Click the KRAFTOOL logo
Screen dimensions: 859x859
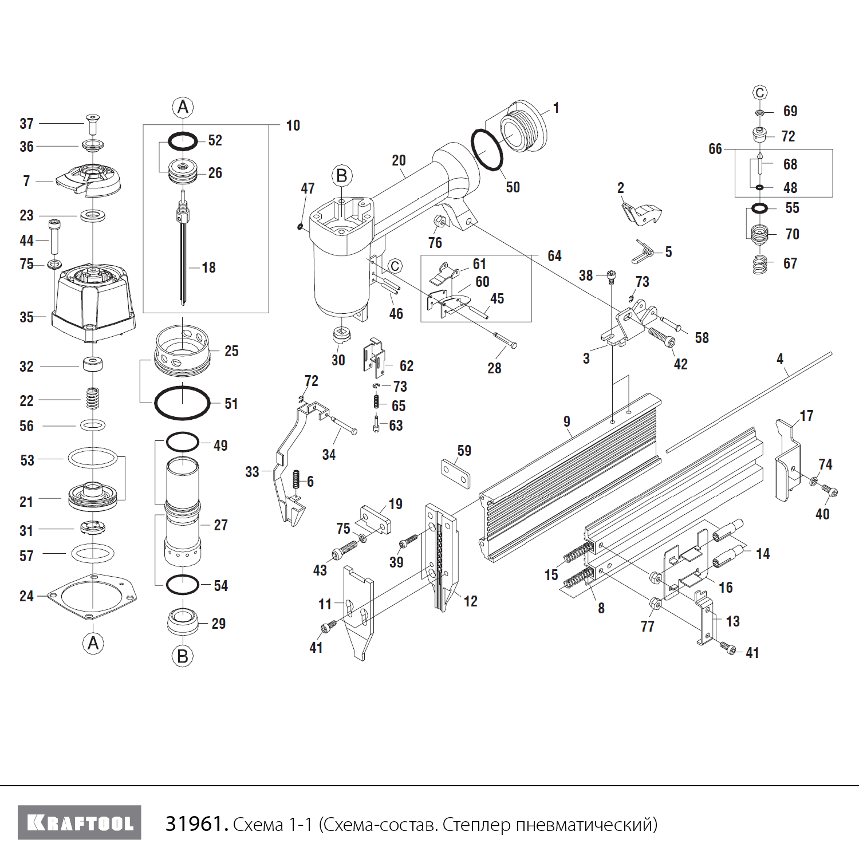pyautogui.click(x=80, y=823)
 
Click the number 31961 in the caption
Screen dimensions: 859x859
pyautogui.click(x=194, y=824)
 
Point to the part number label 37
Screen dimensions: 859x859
pyautogui.click(x=26, y=124)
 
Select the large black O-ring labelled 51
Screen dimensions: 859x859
pyautogui.click(x=182, y=403)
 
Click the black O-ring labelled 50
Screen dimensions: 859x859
pyautogui.click(x=487, y=149)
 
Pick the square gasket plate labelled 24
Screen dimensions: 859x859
pyautogui.click(x=92, y=597)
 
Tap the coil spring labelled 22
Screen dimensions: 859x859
pyautogui.click(x=93, y=399)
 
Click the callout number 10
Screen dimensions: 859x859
pyautogui.click(x=293, y=125)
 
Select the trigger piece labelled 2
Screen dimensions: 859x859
pyautogui.click(x=641, y=212)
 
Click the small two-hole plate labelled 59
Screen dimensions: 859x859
pyautogui.click(x=456, y=473)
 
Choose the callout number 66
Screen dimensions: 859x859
pyautogui.click(x=715, y=149)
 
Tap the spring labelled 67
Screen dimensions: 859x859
pyautogui.click(x=760, y=265)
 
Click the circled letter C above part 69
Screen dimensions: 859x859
pyautogui.click(x=760, y=93)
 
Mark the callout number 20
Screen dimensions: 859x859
pyautogui.click(x=399, y=160)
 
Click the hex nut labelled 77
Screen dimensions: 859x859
pyautogui.click(x=655, y=604)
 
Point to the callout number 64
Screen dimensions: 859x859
pyautogui.click(x=554, y=256)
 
